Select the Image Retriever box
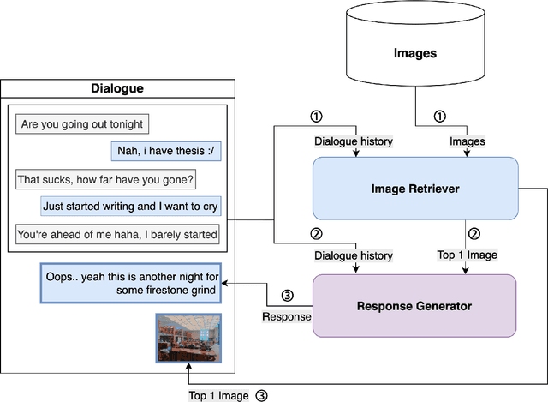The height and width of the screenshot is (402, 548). (415, 188)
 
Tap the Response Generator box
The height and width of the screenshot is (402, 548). (415, 305)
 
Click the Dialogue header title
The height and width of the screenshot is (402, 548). (117, 88)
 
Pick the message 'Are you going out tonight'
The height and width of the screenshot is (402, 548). (82, 124)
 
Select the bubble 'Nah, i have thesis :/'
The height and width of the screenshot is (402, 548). (164, 152)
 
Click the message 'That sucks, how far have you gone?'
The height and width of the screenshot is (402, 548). (106, 179)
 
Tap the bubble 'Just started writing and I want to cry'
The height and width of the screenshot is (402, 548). (130, 207)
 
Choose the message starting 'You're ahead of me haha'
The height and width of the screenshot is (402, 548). (117, 234)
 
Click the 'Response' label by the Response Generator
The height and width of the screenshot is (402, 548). (286, 317)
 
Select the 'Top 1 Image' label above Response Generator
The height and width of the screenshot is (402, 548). (467, 255)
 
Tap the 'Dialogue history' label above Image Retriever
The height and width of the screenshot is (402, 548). (354, 141)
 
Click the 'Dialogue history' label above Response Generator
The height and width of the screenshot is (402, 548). (354, 255)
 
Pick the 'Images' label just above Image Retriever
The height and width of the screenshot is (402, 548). (467, 141)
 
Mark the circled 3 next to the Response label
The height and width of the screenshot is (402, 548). (287, 297)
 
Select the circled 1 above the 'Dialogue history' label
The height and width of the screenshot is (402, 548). (316, 117)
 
